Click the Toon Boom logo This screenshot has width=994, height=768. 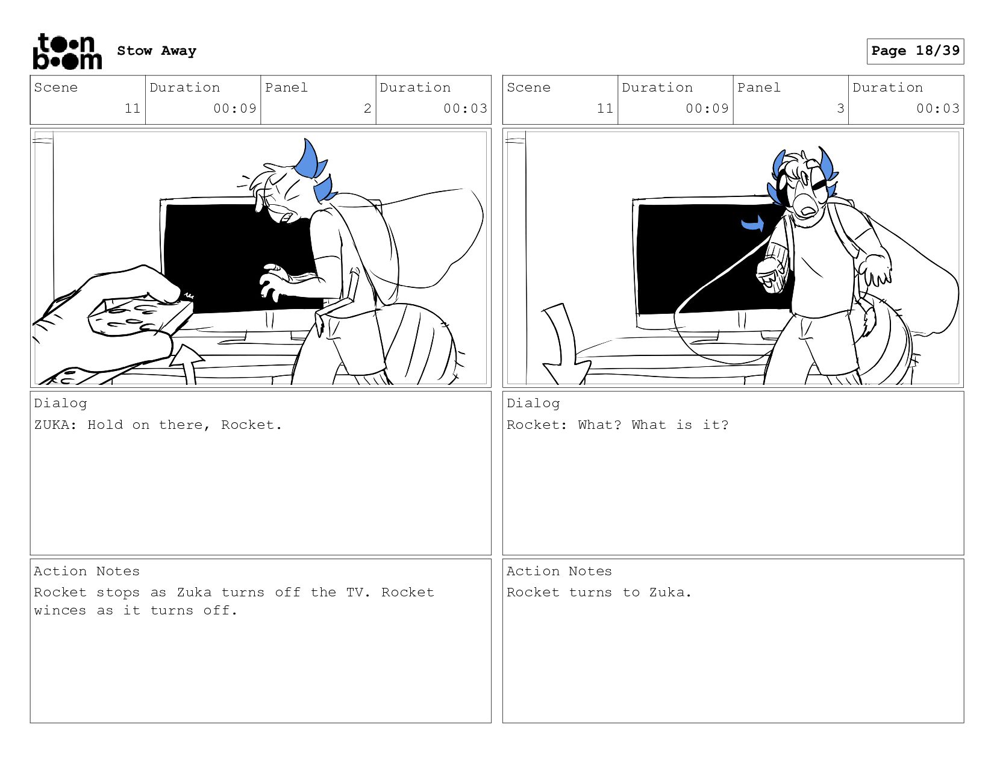click(x=67, y=51)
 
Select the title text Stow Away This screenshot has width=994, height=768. click(x=157, y=51)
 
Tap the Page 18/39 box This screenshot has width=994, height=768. click(x=915, y=51)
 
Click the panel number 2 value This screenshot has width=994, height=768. click(x=367, y=108)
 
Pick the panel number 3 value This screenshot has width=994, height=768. click(x=840, y=108)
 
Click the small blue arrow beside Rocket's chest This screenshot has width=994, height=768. click(x=752, y=223)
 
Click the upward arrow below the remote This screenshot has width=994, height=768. click(x=187, y=364)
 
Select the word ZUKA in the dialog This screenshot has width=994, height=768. click(x=52, y=425)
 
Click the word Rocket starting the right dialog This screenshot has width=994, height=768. click(x=534, y=425)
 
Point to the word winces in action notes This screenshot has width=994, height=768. click(x=60, y=611)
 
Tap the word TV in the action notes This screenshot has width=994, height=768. click(x=355, y=592)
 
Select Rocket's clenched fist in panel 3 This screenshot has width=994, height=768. click(x=771, y=275)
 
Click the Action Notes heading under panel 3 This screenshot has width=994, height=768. click(x=559, y=571)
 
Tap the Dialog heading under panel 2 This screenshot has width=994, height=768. click(x=60, y=404)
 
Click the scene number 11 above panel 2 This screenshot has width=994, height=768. click(x=133, y=108)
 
